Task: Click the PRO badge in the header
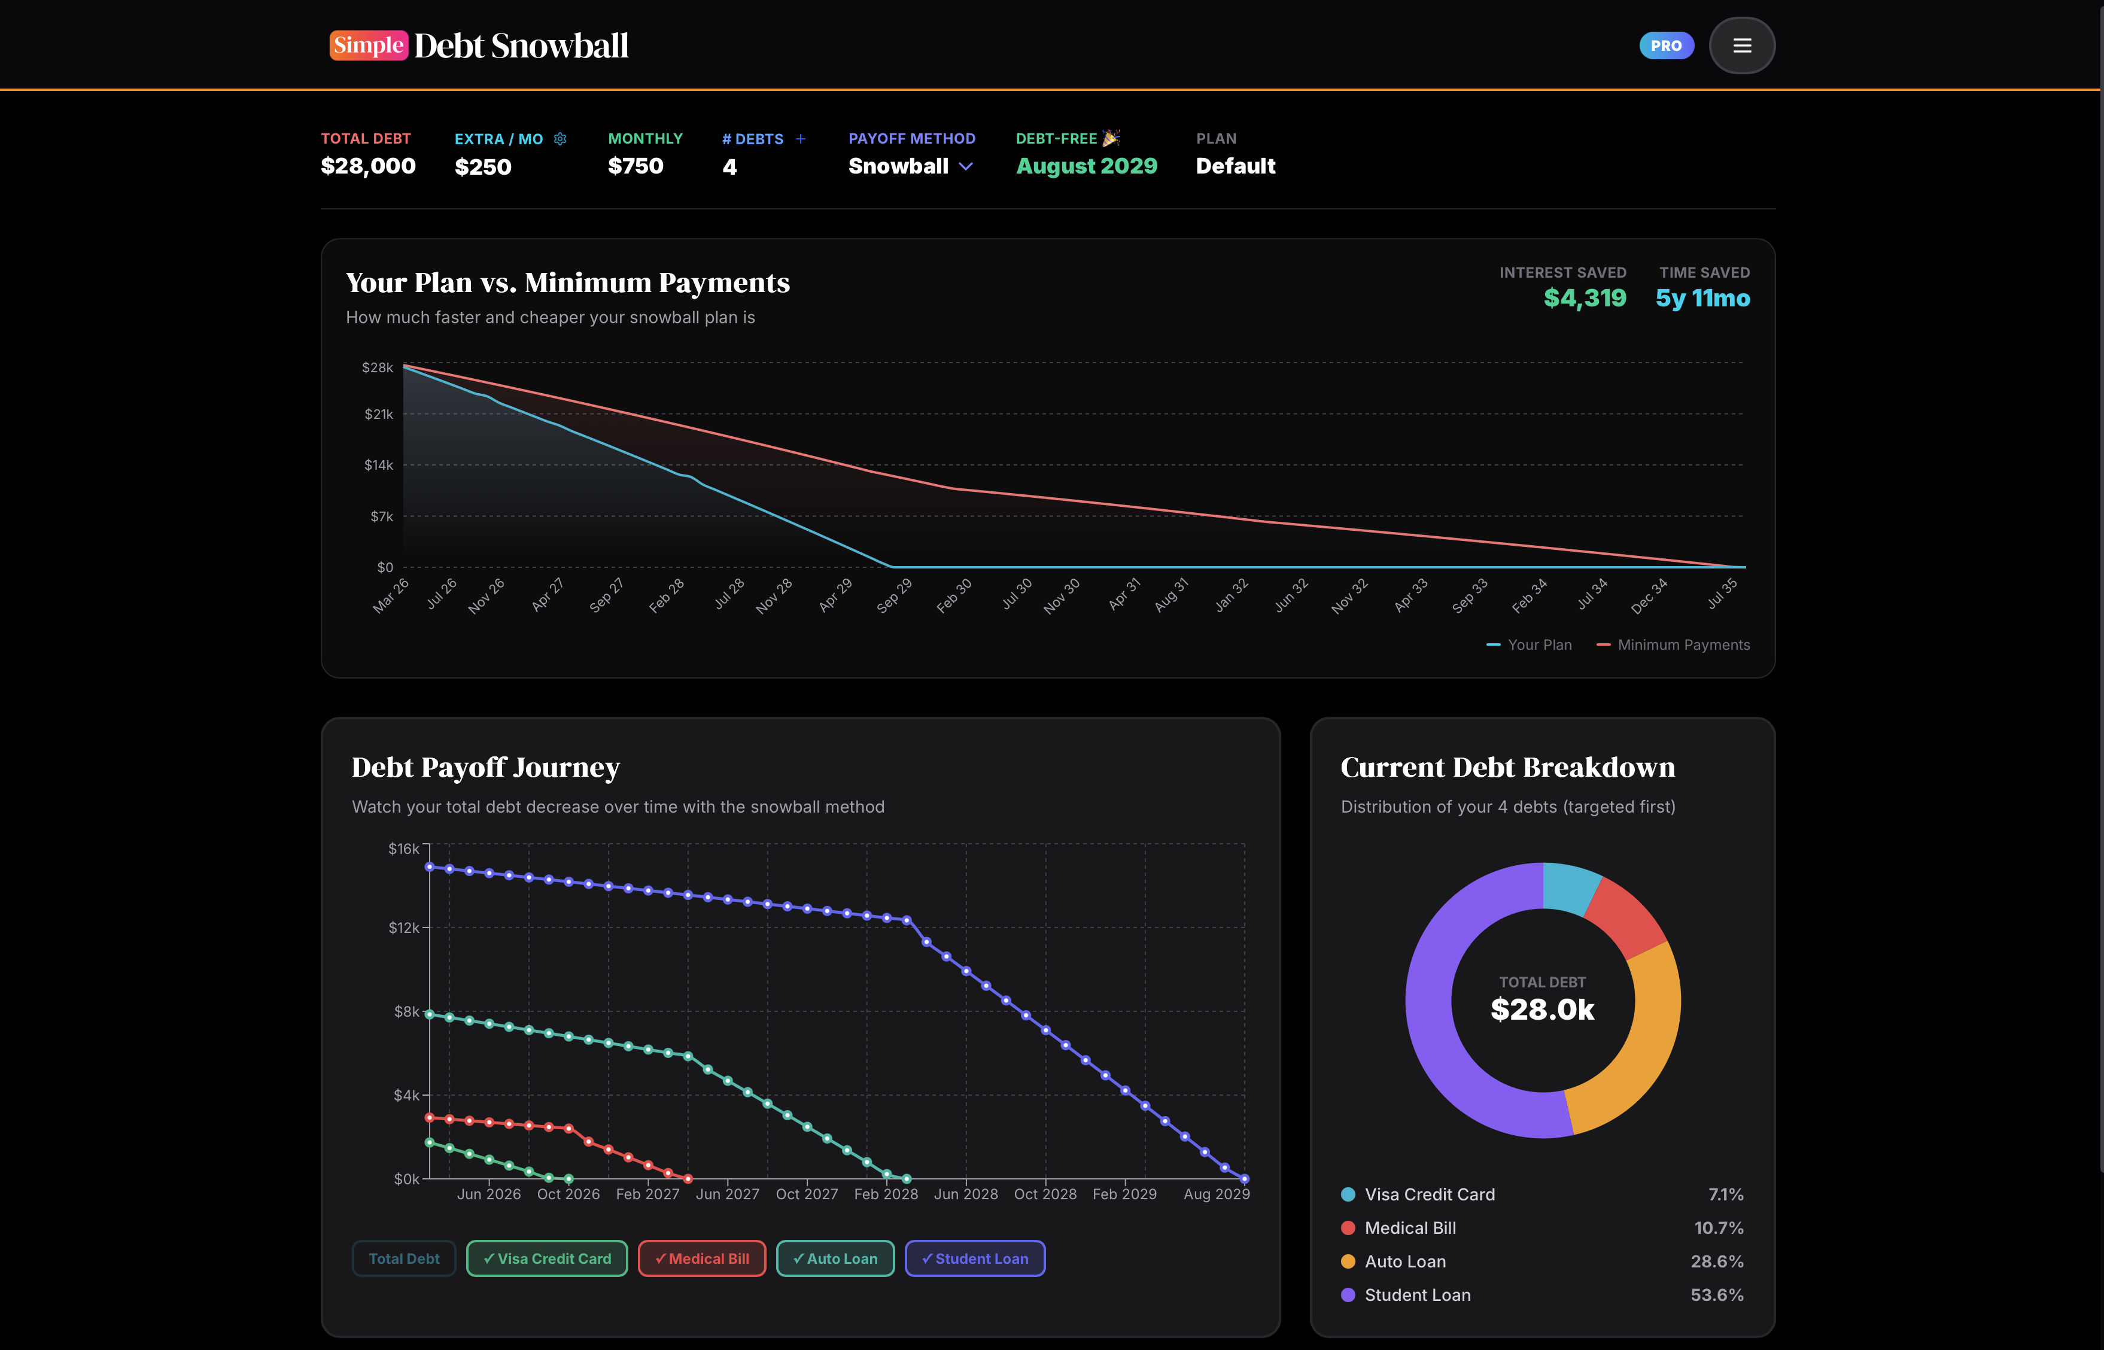pyautogui.click(x=1666, y=45)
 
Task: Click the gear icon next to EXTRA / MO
pyautogui.click(x=560, y=138)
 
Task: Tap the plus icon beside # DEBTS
pyautogui.click(x=801, y=138)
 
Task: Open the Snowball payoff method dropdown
pyautogui.click(x=910, y=166)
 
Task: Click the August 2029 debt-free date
pyautogui.click(x=1086, y=166)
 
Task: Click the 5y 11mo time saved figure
pyautogui.click(x=1702, y=298)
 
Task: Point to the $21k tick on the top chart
pyautogui.click(x=379, y=413)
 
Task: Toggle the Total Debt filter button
pyautogui.click(x=403, y=1258)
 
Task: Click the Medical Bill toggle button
pyautogui.click(x=701, y=1258)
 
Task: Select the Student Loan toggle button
pyautogui.click(x=974, y=1258)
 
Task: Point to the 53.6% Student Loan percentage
pyautogui.click(x=1716, y=1295)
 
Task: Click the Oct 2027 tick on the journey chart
pyautogui.click(x=807, y=1194)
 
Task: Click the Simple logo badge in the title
pyautogui.click(x=368, y=45)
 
